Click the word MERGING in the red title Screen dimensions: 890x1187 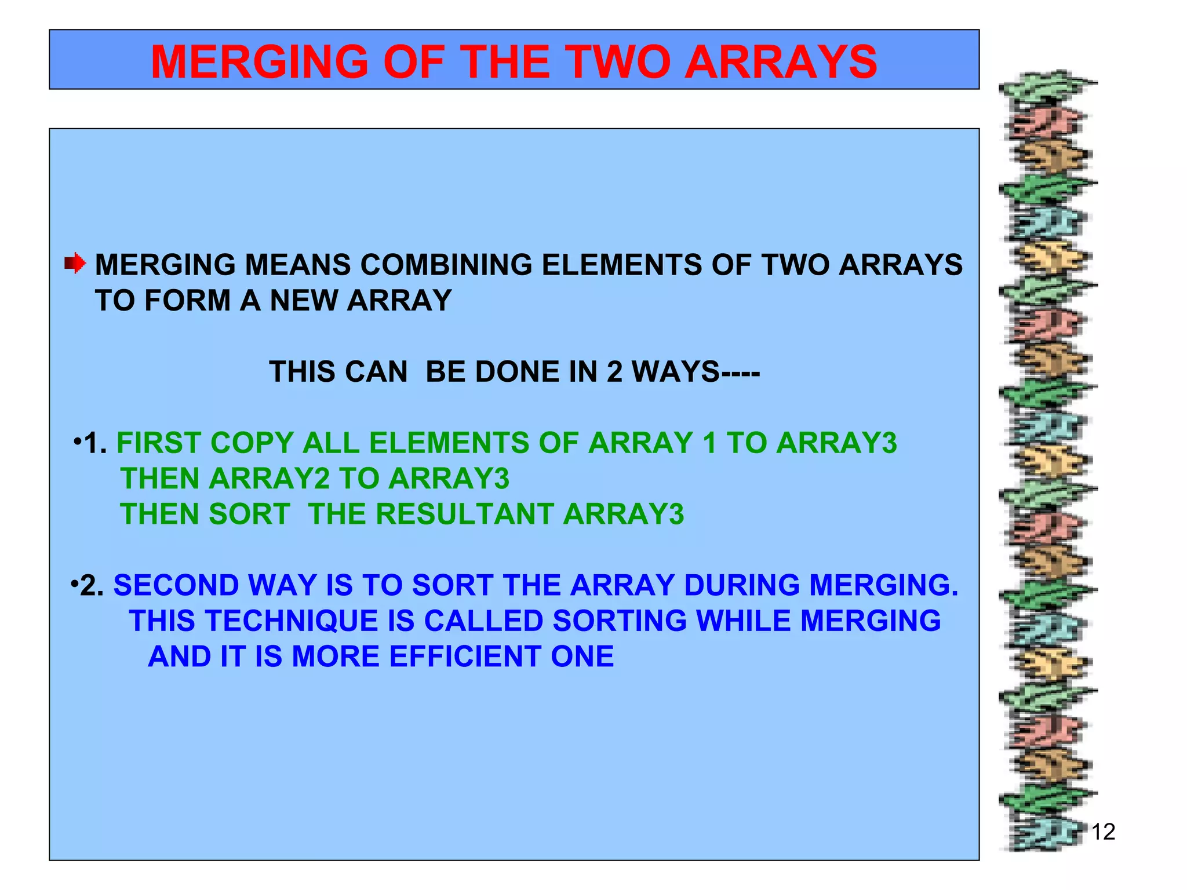pos(259,62)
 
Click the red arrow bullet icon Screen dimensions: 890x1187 pos(75,264)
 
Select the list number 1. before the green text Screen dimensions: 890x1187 pos(95,444)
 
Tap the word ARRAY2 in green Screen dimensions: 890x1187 pos(269,479)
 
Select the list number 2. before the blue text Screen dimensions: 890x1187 pos(92,586)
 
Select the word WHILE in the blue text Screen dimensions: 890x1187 pos(743,621)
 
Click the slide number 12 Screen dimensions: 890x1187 pos(1103,832)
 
